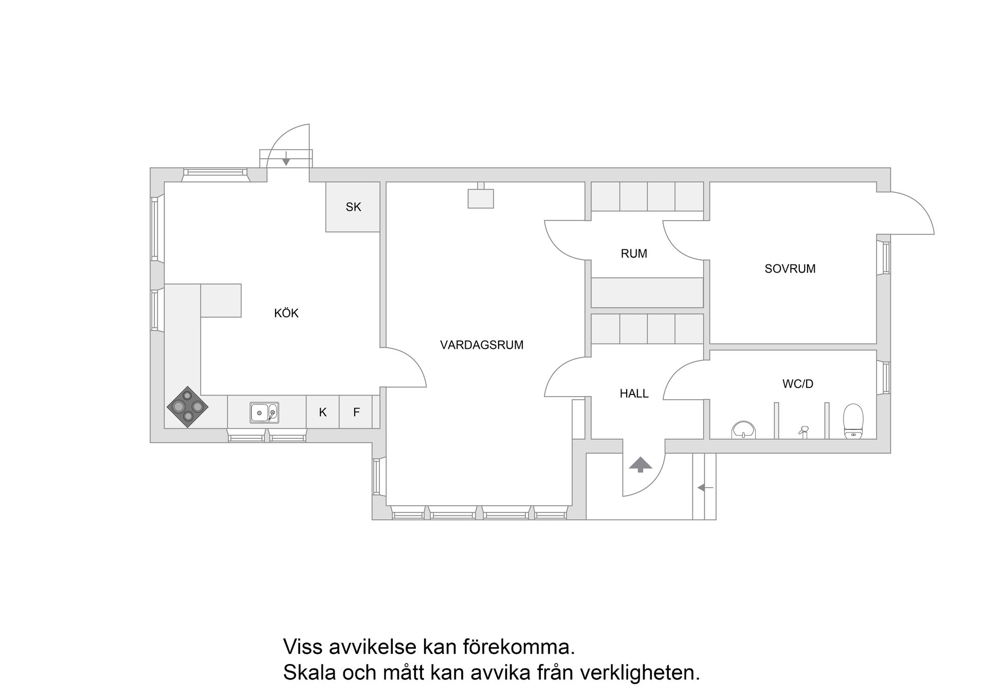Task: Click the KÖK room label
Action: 286,313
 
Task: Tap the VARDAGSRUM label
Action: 482,345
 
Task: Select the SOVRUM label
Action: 790,269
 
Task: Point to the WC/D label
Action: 797,384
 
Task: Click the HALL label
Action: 634,393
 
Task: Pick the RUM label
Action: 634,254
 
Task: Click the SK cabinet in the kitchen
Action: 353,207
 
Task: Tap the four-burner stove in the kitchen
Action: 188,407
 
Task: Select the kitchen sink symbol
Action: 264,413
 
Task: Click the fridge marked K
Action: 323,412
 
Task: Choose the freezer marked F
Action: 356,412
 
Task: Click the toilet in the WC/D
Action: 853,421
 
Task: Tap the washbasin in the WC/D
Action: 743,430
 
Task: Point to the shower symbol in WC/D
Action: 803,431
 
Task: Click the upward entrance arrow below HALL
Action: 641,464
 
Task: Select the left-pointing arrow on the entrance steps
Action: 705,488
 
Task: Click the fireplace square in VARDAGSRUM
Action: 481,199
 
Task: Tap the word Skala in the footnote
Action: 308,673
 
